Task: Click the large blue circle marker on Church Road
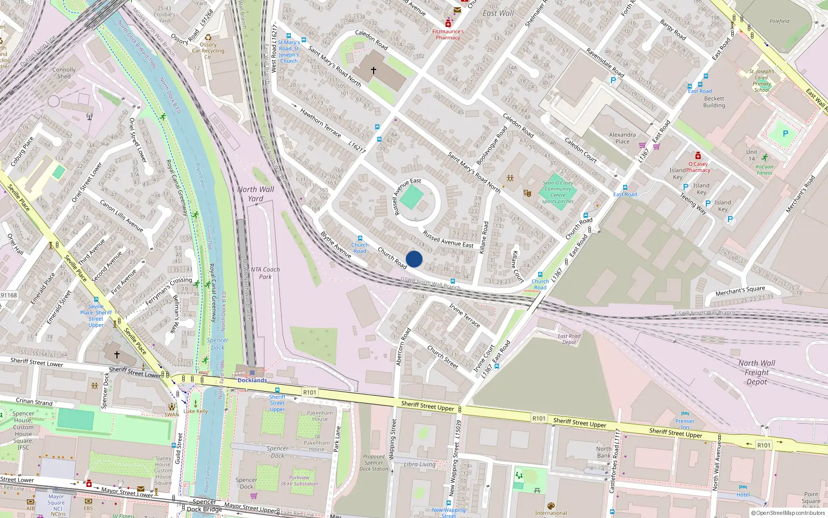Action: coord(414,259)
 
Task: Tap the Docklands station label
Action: coord(252,380)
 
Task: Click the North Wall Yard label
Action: coord(256,194)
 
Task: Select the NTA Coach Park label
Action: coord(265,273)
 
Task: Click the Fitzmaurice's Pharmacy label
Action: coord(448,34)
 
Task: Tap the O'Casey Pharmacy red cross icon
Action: coord(698,155)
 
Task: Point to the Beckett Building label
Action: coord(714,102)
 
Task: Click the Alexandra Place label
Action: coord(622,138)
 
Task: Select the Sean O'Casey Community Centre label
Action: coord(557,192)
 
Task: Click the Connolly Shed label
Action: coord(64,73)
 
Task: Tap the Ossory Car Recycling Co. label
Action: coord(208,51)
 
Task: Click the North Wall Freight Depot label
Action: coord(757,372)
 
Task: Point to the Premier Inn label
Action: coord(685,424)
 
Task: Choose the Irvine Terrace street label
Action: coord(464,315)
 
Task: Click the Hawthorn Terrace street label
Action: coord(320,122)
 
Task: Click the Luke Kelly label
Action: coord(196,411)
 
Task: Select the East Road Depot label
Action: coord(569,339)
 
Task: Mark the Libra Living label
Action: coord(420,464)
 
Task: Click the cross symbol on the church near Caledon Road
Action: coord(373,70)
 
